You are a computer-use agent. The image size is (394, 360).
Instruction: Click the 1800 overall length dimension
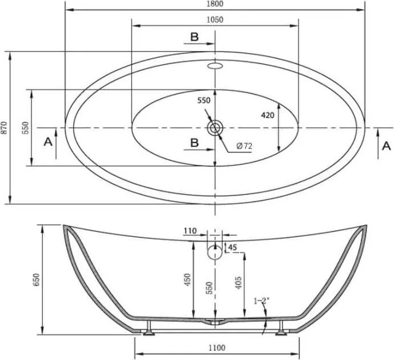[216, 4]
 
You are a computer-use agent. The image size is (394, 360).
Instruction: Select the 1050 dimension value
[215, 19]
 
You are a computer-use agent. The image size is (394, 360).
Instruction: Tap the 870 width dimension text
[5, 128]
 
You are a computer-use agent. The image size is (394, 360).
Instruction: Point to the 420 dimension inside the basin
[268, 116]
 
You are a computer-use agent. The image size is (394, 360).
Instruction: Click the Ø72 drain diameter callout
[244, 146]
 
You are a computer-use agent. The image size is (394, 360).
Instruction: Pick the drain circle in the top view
[215, 128]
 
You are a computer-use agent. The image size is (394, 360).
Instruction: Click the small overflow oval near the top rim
[215, 66]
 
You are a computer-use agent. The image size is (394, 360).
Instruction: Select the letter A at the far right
[387, 146]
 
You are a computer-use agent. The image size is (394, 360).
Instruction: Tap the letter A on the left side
[48, 142]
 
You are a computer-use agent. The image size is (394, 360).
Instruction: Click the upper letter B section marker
[194, 37]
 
